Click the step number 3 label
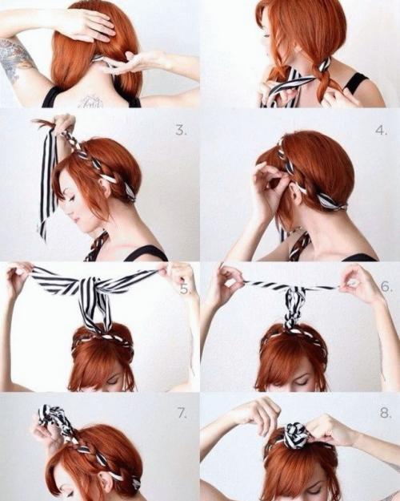(x=181, y=131)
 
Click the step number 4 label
(x=381, y=131)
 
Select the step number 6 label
(x=386, y=287)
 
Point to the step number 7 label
(x=182, y=414)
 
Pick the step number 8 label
(x=386, y=413)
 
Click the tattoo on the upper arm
(x=15, y=60)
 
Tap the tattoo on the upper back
(x=91, y=101)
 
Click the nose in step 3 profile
(x=65, y=211)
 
